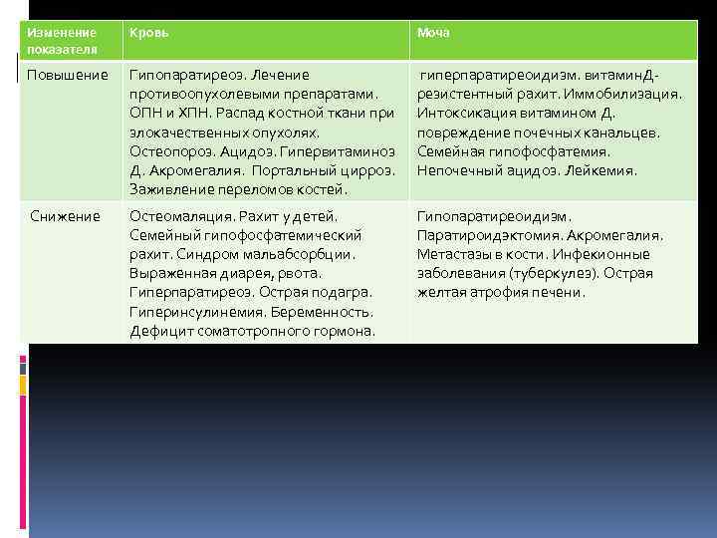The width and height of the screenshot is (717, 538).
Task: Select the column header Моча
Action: coord(433,33)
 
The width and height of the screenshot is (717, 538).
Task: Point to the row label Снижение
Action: coord(64,216)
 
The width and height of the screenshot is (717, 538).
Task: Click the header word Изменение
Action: coord(61,33)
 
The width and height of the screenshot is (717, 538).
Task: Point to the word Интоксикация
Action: coord(466,113)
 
